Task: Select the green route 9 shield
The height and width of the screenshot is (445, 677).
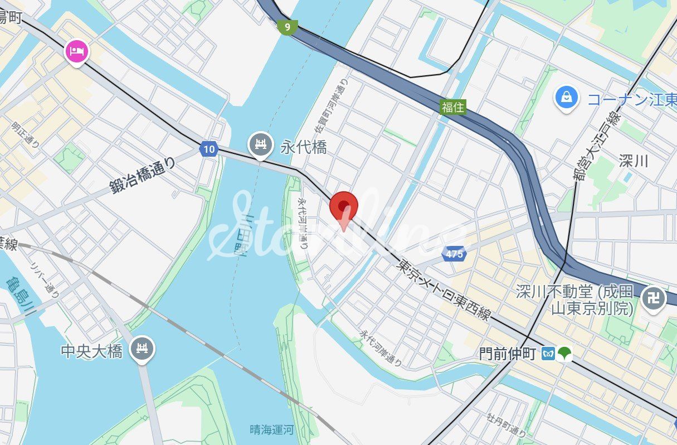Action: tap(288, 26)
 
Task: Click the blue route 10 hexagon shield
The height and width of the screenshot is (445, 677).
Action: tap(208, 149)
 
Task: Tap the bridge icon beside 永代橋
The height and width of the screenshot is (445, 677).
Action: tap(260, 145)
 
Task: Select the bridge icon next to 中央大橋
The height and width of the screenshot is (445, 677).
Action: tap(142, 350)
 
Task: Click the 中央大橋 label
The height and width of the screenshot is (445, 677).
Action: tap(91, 351)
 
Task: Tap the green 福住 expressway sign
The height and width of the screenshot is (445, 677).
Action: tap(452, 107)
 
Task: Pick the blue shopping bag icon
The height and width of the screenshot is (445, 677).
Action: tap(566, 98)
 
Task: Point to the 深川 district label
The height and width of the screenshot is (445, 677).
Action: tap(634, 161)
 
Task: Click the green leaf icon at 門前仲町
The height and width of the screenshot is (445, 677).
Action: tap(564, 354)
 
